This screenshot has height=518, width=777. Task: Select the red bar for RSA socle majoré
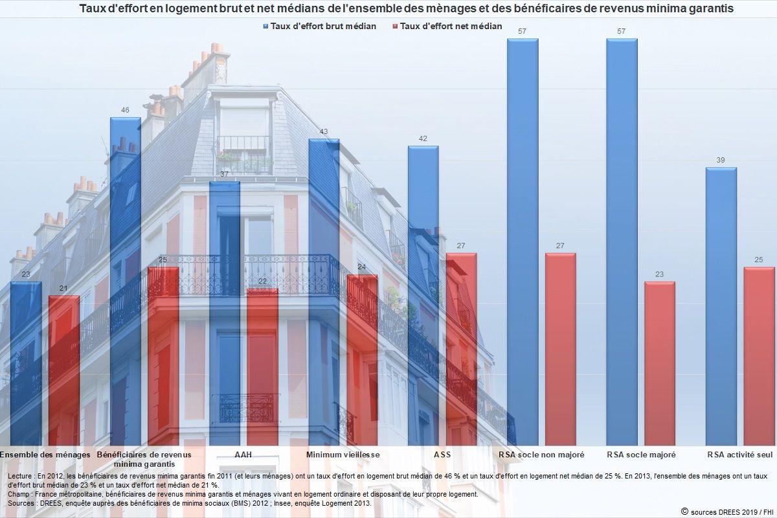point(659,363)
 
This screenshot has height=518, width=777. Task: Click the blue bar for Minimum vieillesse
point(324,291)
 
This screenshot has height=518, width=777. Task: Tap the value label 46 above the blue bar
point(125,110)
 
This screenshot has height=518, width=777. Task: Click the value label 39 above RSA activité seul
point(721,161)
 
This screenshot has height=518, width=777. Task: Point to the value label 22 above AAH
point(262,281)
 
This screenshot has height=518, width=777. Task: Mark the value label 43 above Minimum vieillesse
point(324,131)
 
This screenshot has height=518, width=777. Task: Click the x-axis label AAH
point(243,455)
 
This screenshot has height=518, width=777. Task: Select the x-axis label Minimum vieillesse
point(343,455)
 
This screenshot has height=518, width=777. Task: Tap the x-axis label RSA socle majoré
point(641,455)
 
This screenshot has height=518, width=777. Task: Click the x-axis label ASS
point(442,455)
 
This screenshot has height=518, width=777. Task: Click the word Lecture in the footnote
point(21,476)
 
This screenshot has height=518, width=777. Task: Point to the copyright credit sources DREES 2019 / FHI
point(725,512)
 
